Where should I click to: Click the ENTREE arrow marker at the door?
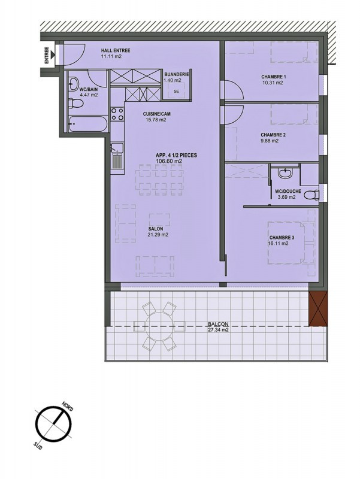(53, 55)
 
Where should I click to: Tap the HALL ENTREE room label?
(116, 50)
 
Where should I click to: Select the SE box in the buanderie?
(176, 91)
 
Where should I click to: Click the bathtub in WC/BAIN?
(88, 124)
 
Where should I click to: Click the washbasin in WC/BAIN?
(73, 83)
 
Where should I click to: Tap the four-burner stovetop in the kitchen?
(117, 114)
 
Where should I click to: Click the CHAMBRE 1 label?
(273, 77)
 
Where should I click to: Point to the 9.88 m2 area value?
(270, 141)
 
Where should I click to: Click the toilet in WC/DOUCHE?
(312, 194)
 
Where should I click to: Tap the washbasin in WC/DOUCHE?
(286, 173)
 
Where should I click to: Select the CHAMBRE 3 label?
(282, 238)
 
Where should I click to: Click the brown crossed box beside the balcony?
(318, 308)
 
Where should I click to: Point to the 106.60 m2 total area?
(169, 160)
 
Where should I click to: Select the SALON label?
(156, 229)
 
